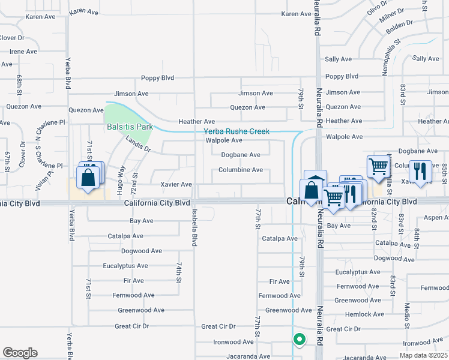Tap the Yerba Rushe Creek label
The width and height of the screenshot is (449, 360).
237,131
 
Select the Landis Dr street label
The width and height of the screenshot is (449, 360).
139,144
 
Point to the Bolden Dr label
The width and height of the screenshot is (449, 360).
400,26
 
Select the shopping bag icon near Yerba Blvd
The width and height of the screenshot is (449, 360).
88,178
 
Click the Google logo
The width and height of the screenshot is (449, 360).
20,353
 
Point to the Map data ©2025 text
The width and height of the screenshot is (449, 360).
423,355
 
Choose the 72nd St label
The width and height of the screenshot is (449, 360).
135,183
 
